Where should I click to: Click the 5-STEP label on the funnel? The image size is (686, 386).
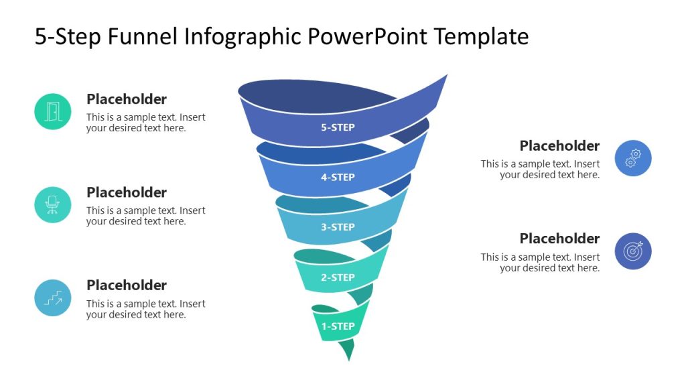tap(338, 127)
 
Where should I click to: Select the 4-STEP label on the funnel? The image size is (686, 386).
tap(338, 178)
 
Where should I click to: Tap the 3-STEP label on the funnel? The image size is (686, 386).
tap(338, 227)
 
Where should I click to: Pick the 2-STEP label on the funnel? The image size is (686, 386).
tap(338, 277)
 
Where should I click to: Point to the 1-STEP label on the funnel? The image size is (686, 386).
tap(338, 326)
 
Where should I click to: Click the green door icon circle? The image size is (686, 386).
tap(53, 111)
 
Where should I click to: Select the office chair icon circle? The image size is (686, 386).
tap(53, 204)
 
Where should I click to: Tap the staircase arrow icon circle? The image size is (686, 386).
tap(53, 298)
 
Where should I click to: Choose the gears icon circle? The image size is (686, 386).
tap(633, 158)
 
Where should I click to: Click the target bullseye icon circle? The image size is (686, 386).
tap(633, 251)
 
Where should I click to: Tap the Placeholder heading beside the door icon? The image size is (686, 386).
tap(127, 99)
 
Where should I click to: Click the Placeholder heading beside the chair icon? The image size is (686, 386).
tap(127, 192)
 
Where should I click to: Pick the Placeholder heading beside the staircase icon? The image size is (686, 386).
tap(127, 285)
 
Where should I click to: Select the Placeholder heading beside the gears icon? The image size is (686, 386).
tap(559, 146)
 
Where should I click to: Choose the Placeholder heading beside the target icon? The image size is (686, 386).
tap(559, 239)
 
